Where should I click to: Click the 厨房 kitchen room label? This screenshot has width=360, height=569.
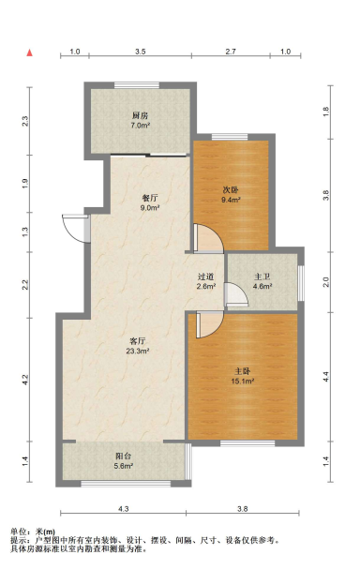click(140, 114)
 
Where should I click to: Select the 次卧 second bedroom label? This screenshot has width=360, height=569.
click(231, 187)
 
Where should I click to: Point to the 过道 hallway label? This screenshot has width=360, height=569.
click(206, 277)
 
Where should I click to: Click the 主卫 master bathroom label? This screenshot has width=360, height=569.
click(262, 277)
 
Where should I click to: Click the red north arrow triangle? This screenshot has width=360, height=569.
click(30, 52)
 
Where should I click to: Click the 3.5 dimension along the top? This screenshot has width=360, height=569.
click(140, 52)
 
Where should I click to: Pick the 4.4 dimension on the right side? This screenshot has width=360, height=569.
click(326, 375)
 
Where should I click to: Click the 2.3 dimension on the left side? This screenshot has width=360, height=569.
click(25, 119)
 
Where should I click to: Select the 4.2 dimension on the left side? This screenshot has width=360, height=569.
click(25, 379)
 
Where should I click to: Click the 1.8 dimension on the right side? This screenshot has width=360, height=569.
click(326, 112)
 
